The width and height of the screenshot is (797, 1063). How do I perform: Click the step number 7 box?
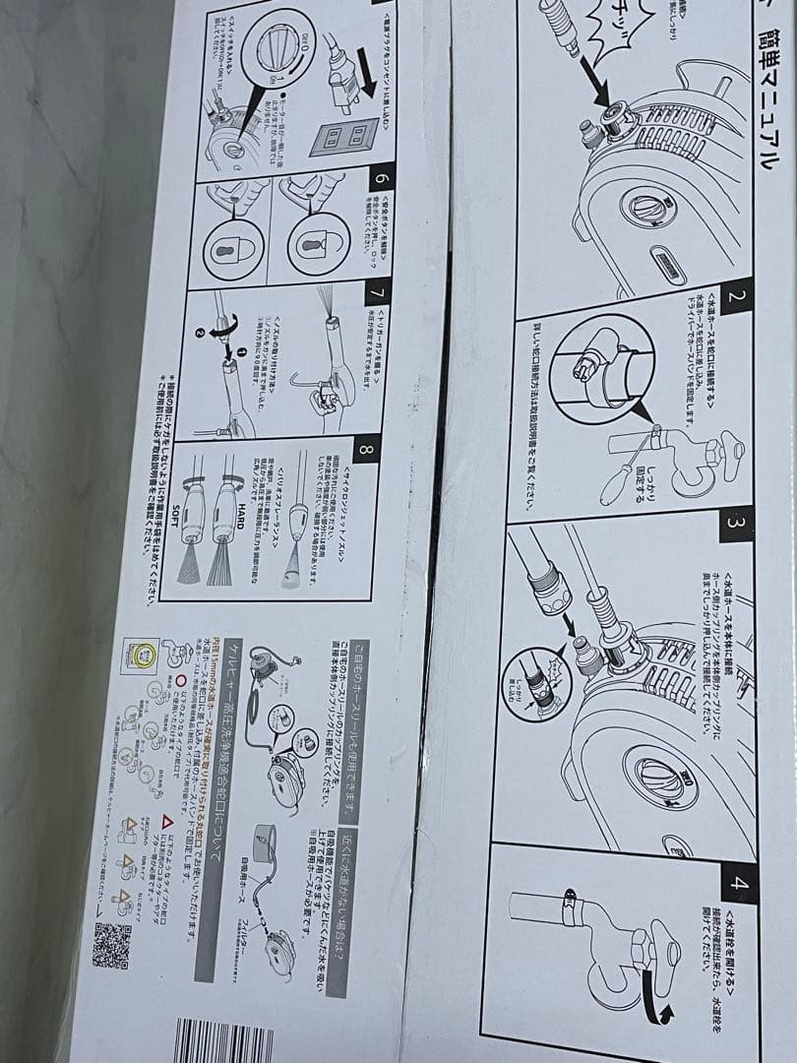coord(373,293)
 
